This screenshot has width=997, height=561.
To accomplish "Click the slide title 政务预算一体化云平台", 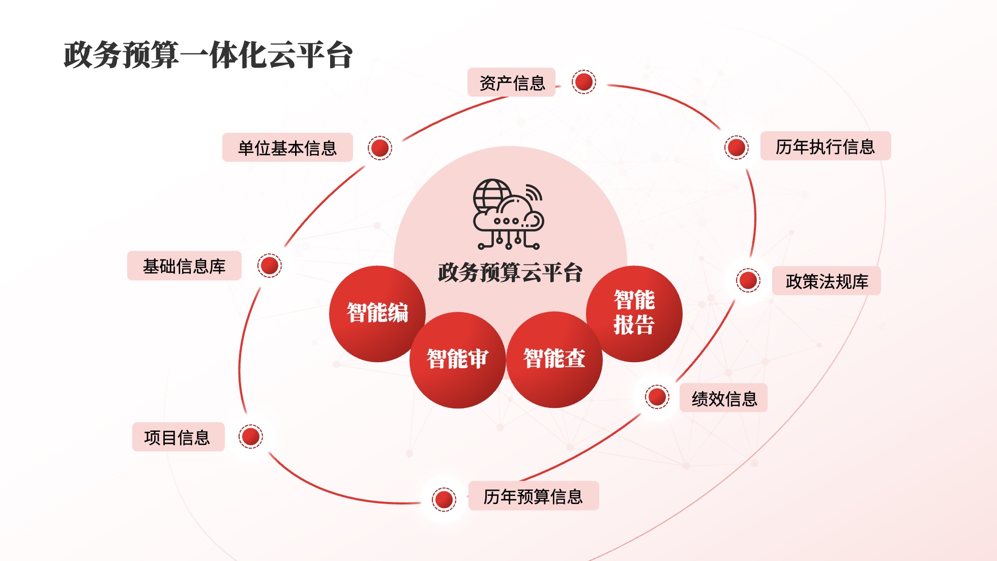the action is coord(208,55).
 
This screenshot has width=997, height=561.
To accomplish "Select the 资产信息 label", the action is coord(511,82).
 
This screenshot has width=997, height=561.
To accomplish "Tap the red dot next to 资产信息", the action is coord(583,81).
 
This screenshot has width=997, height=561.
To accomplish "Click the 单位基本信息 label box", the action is coord(287,147).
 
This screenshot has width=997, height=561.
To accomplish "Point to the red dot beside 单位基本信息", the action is coord(380,148).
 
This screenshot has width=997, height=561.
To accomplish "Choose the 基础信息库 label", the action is coord(184,265).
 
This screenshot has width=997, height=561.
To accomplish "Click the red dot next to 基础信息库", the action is coord(269,265).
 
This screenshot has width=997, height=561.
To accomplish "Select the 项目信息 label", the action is coord(178,437).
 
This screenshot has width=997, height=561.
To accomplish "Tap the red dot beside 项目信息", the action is coord(251,436).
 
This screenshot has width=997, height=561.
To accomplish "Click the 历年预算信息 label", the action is coord(534,496).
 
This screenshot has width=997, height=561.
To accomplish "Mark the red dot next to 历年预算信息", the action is coord(444,499).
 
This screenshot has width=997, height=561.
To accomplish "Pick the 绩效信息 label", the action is coord(723,398).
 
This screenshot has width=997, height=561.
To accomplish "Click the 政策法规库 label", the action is coord(827,281).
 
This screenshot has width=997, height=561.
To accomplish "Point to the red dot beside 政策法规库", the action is coord(748,280).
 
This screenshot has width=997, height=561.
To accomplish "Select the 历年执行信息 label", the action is coord(826,146).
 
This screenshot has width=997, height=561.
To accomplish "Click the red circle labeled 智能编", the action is coord(377,314).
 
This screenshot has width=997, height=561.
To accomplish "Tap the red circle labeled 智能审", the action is coord(457,360).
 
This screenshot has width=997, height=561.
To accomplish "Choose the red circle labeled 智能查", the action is coord(554,360).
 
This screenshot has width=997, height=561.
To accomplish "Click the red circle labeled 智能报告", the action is coord(634,314).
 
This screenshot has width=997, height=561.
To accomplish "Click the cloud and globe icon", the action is coord(509,214).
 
